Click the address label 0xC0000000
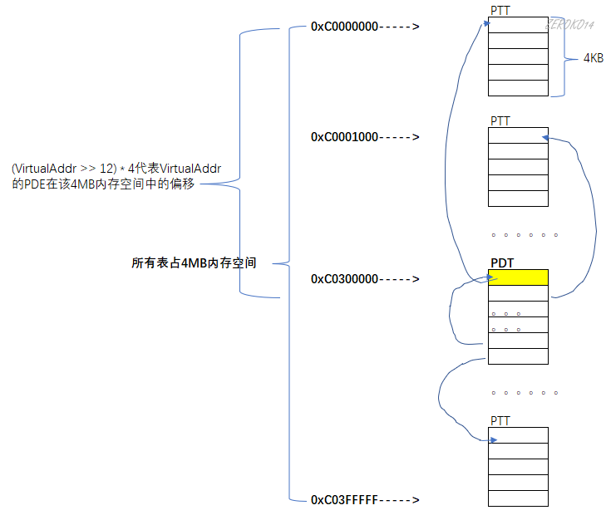tap(345, 27)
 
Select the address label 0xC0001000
tap(345, 136)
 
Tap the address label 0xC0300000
tap(345, 279)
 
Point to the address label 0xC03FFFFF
tap(345, 499)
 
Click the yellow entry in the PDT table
tap(519, 277)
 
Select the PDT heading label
tap(502, 263)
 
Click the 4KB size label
tap(593, 59)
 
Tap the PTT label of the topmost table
tap(500, 10)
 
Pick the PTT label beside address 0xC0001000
tap(500, 121)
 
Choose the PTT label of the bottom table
tap(500, 421)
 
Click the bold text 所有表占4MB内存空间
tap(195, 263)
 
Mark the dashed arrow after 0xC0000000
tap(400, 27)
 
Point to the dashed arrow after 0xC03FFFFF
tap(400, 499)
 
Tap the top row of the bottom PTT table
tap(519, 435)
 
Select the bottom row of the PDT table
tap(519, 356)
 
